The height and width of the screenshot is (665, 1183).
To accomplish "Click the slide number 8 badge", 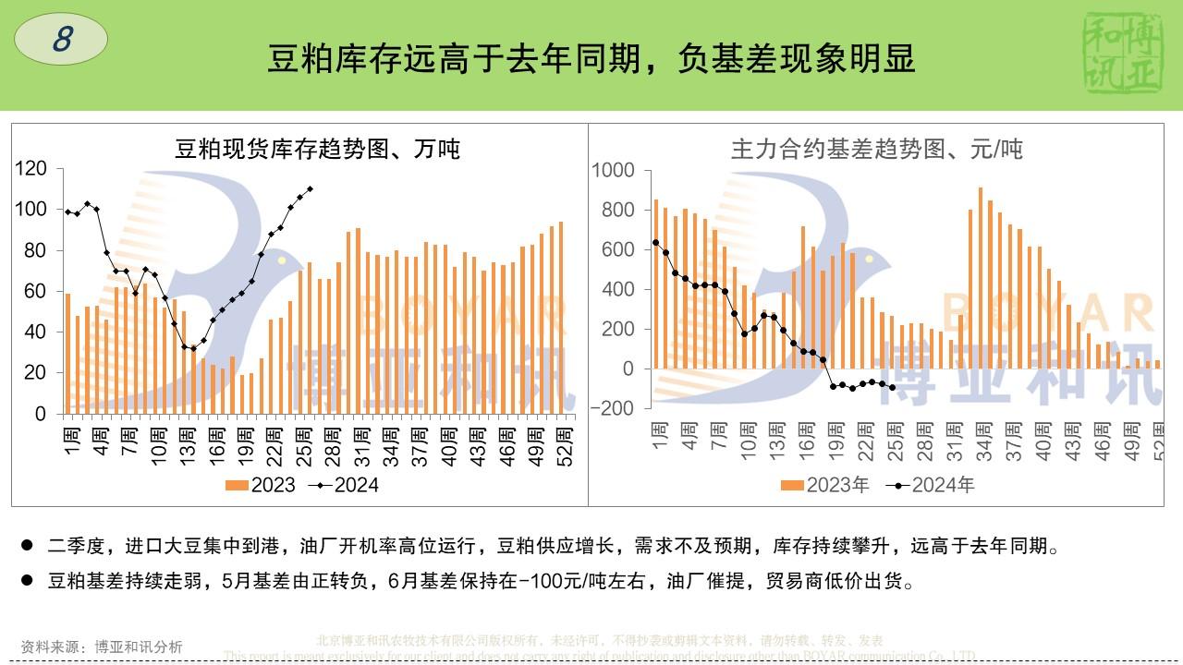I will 61,40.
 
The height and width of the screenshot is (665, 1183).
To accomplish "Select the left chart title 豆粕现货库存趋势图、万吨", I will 318,149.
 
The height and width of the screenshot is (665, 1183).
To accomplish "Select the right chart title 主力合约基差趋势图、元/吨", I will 876,149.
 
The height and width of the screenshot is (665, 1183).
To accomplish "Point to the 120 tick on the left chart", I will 31,168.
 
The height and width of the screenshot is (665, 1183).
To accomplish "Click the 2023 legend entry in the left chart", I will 262,485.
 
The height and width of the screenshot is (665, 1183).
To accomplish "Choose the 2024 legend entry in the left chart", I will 344,485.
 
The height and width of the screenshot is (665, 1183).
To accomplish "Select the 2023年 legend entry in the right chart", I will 825,485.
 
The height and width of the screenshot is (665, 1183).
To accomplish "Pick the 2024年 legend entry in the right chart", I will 931,485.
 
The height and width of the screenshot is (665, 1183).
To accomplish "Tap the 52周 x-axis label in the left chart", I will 566,447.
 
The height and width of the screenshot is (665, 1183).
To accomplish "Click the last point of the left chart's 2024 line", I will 310,188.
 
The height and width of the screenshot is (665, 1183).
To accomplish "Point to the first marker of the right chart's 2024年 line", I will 655,242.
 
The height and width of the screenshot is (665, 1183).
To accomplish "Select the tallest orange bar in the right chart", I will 980,278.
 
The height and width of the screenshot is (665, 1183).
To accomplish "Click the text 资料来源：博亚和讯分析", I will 102,647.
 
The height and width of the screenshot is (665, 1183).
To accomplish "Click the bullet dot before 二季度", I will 27,546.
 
